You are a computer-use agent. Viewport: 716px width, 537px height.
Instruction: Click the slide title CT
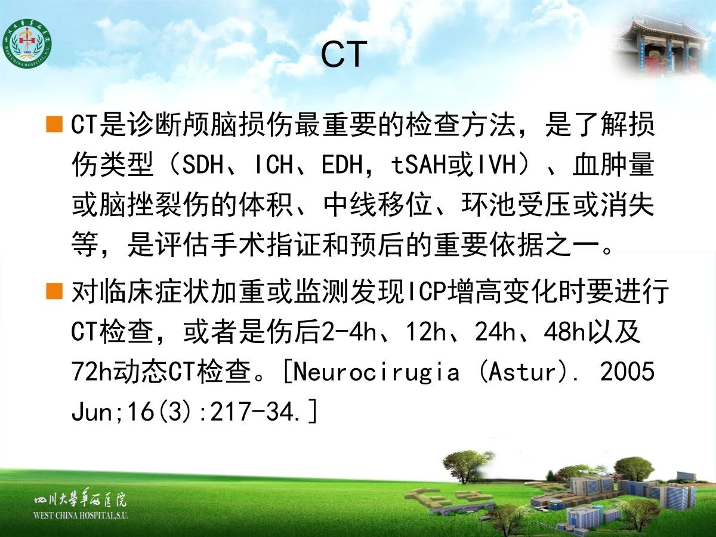(x=344, y=54)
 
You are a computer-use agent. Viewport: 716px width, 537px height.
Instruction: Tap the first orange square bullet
(x=54, y=125)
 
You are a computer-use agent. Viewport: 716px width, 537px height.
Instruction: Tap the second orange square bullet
(x=54, y=291)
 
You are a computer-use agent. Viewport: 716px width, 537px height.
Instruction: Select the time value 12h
(x=425, y=332)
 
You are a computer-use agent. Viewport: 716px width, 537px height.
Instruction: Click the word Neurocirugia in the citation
(x=376, y=373)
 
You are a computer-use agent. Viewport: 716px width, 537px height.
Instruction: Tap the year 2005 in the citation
(x=627, y=372)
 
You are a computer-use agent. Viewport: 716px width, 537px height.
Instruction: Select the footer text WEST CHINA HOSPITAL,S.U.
(x=81, y=516)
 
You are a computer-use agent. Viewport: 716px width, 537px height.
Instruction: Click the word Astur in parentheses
(x=521, y=372)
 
